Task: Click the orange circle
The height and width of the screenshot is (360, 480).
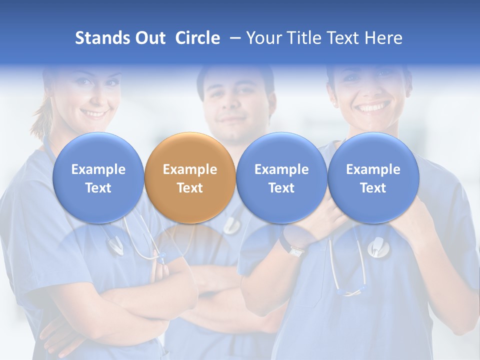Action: (x=189, y=177)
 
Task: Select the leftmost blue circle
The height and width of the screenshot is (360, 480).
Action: (x=98, y=177)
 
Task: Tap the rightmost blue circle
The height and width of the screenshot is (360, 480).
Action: (x=373, y=177)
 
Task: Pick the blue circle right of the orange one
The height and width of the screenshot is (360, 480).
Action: (x=281, y=177)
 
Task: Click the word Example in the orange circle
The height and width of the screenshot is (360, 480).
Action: (x=189, y=169)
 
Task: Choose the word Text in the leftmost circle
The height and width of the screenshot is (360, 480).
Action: (x=98, y=188)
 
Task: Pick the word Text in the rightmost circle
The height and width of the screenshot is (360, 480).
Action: (x=373, y=188)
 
